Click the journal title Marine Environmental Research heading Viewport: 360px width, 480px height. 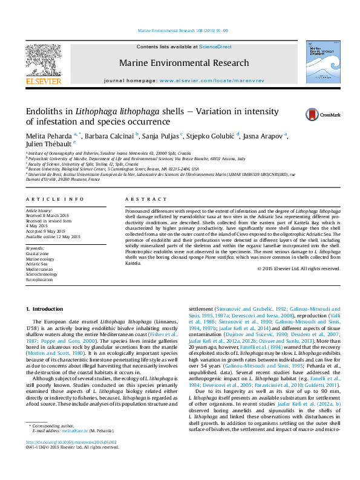(184, 62)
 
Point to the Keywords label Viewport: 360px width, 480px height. (35, 248)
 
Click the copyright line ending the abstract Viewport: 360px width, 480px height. (299, 267)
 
